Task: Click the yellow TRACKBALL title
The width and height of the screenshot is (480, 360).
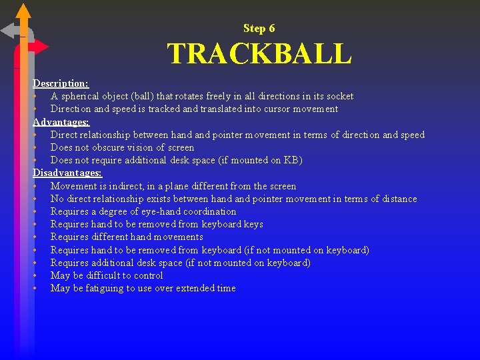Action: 259,54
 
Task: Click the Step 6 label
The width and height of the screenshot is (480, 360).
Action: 259,28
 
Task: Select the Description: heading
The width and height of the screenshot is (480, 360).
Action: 61,83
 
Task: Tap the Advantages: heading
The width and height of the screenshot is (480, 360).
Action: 61,122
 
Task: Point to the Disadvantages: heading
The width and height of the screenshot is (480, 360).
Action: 67,173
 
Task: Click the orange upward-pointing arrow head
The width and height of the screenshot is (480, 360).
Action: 23,11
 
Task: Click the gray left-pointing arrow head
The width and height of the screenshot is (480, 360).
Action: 9,31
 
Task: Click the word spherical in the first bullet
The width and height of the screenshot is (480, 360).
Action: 82,96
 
